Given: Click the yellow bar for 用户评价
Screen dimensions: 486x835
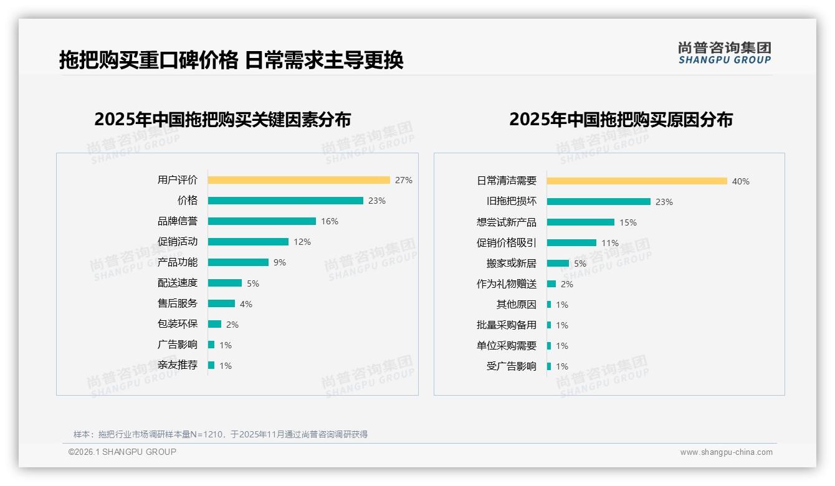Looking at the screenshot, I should tap(298, 180).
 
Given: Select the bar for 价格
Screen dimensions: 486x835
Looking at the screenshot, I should tap(285, 201).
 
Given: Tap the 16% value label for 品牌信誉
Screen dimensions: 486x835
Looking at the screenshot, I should tap(330, 221).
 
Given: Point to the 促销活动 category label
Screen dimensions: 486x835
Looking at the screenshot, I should tap(178, 242).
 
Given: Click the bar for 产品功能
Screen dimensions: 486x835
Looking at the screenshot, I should tap(238, 262).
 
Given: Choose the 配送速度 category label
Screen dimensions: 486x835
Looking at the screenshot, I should tap(178, 283).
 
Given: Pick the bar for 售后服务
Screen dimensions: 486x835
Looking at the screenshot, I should tap(221, 303).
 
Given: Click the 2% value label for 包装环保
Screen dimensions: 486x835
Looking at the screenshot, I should tap(232, 325).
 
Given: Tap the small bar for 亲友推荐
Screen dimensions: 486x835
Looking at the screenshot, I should tap(211, 365).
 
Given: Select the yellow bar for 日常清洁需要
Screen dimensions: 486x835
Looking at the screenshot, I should tap(637, 181).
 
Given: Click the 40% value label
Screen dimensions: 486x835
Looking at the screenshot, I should tap(741, 181).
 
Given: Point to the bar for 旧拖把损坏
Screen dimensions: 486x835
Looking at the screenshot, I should tap(599, 202).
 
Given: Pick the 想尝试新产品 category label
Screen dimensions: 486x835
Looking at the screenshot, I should tap(507, 222).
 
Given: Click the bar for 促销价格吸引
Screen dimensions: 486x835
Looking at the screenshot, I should tap(571, 243).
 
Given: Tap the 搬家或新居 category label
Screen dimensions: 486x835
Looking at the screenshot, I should tap(512, 264).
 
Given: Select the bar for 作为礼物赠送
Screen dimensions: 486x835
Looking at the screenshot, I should tap(551, 284).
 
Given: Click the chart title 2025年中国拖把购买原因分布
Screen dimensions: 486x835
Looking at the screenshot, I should tap(621, 120).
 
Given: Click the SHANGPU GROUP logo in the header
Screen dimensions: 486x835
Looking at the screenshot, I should tap(725, 53).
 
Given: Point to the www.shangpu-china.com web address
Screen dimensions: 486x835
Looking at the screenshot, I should tap(726, 452).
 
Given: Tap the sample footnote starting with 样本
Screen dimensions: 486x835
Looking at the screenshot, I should tap(221, 434).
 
